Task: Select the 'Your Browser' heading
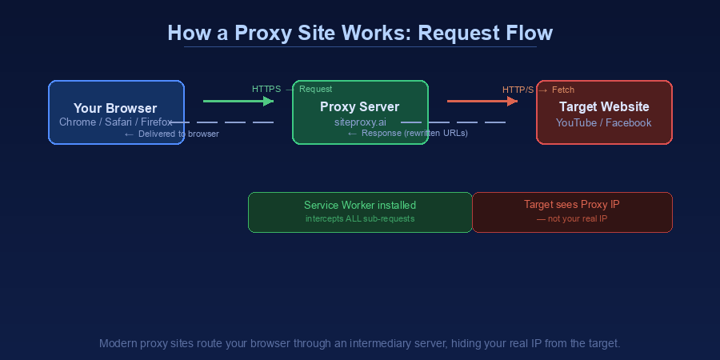[x=115, y=108]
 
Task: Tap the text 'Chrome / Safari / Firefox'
[x=115, y=122]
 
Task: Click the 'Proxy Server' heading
[x=359, y=106]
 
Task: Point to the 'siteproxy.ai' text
[x=360, y=122]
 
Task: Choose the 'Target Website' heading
[x=604, y=106]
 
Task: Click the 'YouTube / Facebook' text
[x=604, y=122]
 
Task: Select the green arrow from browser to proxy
[x=238, y=102]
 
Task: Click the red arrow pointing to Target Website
[x=482, y=102]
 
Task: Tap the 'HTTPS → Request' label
[x=292, y=89]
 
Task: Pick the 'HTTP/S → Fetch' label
[x=538, y=90]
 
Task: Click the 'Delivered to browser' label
[x=171, y=134]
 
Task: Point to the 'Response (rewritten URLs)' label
[x=407, y=133]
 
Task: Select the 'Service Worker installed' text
[x=360, y=206]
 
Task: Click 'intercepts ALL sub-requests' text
[x=360, y=218]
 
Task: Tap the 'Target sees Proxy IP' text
[x=571, y=205]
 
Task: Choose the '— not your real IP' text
[x=571, y=218]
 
